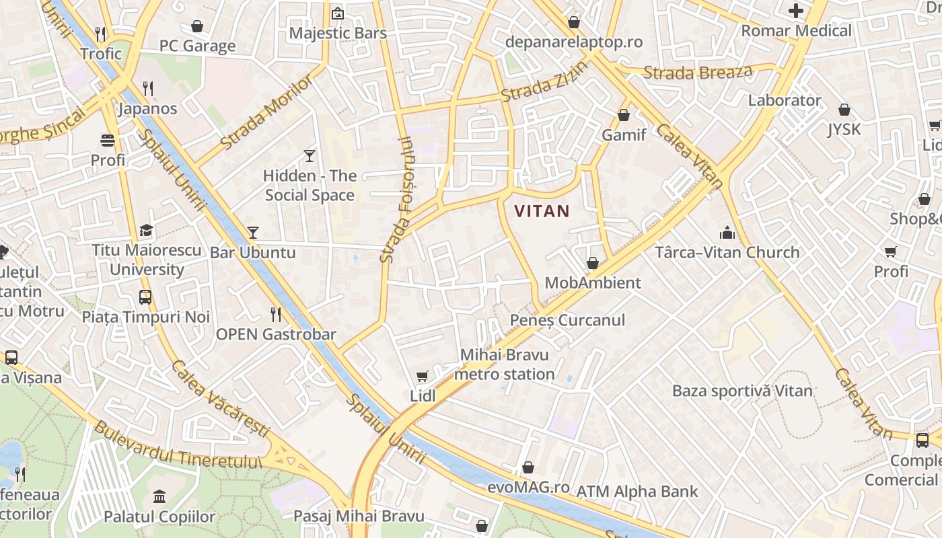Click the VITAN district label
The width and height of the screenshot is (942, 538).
542,211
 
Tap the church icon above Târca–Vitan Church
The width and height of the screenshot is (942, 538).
727,233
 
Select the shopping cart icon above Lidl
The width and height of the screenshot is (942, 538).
423,377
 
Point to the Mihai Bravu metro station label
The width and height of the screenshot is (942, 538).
505,364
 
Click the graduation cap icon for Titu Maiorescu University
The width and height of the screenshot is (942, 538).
146,231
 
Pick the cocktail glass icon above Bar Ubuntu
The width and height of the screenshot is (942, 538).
253,233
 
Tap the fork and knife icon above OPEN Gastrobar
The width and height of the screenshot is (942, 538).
276,314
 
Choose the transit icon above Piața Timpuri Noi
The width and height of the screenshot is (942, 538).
145,297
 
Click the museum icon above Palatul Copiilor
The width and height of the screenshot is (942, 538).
159,497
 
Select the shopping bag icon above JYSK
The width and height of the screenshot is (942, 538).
844,110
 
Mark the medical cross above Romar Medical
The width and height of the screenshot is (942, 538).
796,11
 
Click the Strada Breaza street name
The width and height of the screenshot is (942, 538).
697,71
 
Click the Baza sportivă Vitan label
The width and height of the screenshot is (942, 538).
742,391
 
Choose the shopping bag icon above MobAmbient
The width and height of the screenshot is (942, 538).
593,263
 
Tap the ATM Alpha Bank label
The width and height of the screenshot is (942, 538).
637,492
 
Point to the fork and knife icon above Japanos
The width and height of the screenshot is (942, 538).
148,88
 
